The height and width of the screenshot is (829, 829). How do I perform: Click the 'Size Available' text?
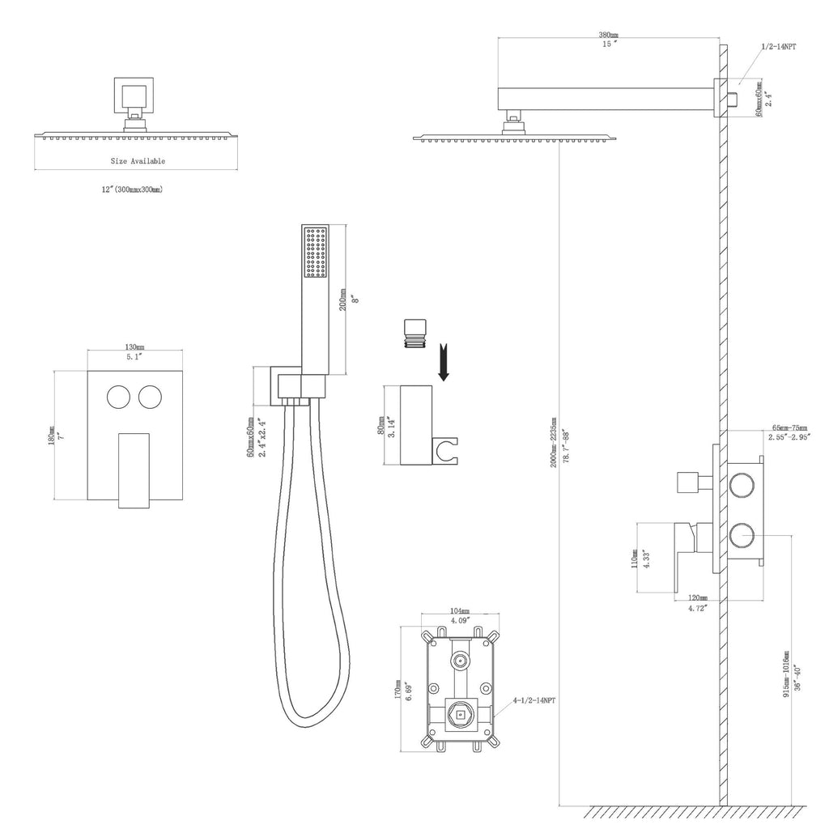(x=138, y=161)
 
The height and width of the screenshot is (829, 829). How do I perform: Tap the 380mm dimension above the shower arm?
(x=608, y=36)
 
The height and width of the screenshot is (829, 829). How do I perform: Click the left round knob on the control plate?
(x=118, y=398)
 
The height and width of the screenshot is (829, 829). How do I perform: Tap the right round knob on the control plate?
(x=151, y=398)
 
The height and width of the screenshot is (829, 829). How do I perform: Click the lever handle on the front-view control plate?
(x=134, y=470)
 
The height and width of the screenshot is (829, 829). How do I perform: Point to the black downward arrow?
(x=444, y=362)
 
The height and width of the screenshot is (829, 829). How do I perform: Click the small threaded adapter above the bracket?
(x=411, y=334)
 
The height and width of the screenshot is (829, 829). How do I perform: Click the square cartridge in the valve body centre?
(x=460, y=714)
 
